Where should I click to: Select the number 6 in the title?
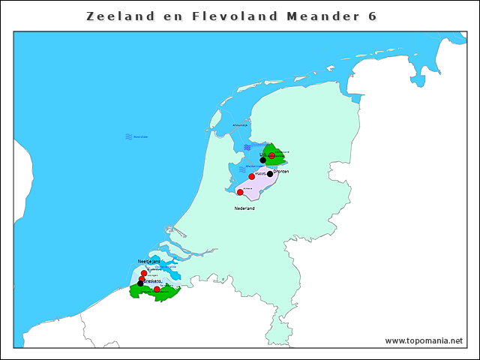pyautogui.click(x=373, y=16)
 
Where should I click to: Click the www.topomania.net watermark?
pyautogui.click(x=424, y=340)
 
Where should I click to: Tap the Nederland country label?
pyautogui.click(x=244, y=208)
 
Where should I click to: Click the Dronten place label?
pyautogui.click(x=281, y=171)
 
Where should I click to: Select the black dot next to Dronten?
pyautogui.click(x=270, y=174)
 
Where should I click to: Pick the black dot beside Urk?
pyautogui.click(x=262, y=160)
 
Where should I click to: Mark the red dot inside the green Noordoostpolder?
pyautogui.click(x=271, y=155)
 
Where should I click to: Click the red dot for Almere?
pyautogui.click(x=240, y=192)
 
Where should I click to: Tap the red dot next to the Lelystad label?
pyautogui.click(x=252, y=176)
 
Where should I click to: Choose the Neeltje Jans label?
pyautogui.click(x=149, y=261)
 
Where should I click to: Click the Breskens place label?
pyautogui.click(x=153, y=280)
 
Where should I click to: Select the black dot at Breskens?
pyautogui.click(x=140, y=283)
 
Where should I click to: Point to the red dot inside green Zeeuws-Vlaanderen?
pyautogui.click(x=156, y=289)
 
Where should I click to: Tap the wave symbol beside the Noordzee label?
pyautogui.click(x=129, y=136)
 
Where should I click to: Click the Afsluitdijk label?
pyautogui.click(x=240, y=124)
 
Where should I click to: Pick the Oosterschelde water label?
pyautogui.click(x=166, y=266)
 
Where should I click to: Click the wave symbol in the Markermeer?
pyautogui.click(x=242, y=169)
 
